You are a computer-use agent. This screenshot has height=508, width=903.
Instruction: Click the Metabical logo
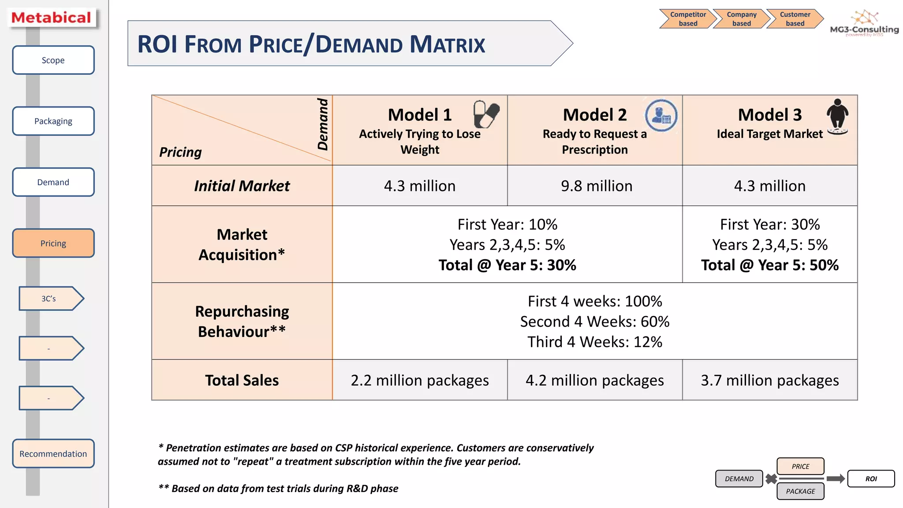(52, 18)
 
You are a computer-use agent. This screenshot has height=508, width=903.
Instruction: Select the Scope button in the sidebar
(53, 60)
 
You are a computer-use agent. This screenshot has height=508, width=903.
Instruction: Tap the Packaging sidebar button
(53, 121)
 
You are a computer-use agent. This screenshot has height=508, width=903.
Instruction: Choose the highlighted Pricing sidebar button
(53, 243)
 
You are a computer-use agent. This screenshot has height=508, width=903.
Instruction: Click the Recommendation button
(53, 453)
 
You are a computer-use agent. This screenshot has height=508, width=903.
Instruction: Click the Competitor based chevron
(687, 19)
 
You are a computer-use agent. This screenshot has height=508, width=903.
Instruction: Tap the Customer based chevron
(795, 19)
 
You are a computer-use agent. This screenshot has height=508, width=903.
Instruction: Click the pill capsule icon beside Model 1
(486, 114)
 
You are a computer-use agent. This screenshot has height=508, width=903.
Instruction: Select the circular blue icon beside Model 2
(661, 116)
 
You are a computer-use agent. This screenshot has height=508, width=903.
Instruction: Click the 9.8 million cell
(596, 186)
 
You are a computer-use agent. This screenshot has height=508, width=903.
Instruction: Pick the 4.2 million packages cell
(594, 380)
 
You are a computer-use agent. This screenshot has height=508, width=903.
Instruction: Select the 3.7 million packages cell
(769, 380)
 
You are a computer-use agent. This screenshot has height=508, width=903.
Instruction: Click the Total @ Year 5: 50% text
(769, 265)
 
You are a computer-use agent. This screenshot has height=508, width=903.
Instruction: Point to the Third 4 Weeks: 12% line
(594, 342)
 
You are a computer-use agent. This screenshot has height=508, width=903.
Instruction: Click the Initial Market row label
(242, 186)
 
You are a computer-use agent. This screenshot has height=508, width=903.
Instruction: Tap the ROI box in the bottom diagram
(871, 478)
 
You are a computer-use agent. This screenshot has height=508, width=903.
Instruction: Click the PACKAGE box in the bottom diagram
(800, 491)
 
